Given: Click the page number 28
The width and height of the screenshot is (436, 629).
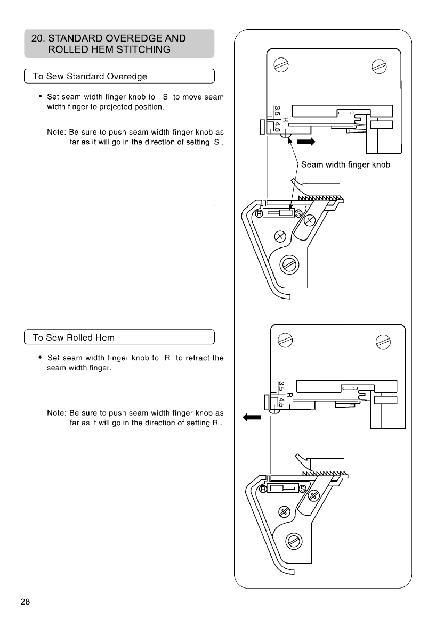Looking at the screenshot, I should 25,602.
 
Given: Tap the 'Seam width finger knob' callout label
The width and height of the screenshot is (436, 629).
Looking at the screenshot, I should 345,164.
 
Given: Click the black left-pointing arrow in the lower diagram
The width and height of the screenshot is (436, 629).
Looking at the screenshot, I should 251,418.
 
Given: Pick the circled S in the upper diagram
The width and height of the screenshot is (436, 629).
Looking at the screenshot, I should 298,213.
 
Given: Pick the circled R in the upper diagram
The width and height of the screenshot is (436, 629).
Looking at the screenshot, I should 260,213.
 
